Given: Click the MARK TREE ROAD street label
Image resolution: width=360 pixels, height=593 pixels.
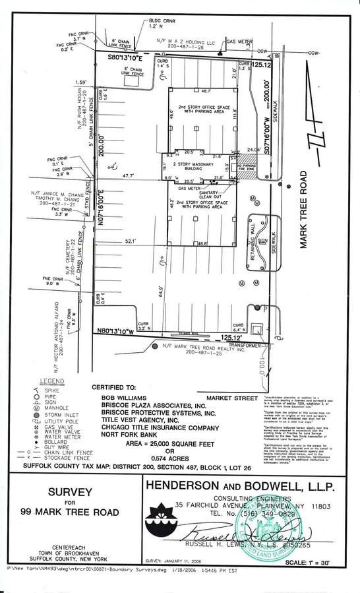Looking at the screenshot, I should (x=305, y=210).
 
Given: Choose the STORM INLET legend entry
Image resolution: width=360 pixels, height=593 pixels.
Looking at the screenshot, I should (x=61, y=414).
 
